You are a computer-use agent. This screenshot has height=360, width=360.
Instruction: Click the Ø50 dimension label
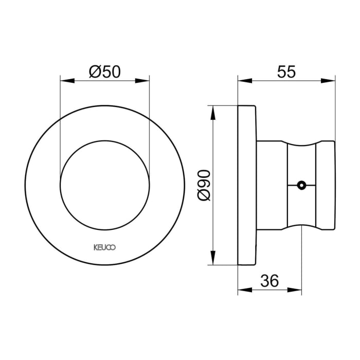[x=104, y=71]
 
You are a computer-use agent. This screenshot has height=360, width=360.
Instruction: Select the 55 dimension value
[x=286, y=71]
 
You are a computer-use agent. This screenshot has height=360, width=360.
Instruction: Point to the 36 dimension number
[x=268, y=281]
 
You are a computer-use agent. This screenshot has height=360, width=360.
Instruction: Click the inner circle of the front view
[x=104, y=184]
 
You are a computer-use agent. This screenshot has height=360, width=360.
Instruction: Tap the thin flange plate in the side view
[x=247, y=185]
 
